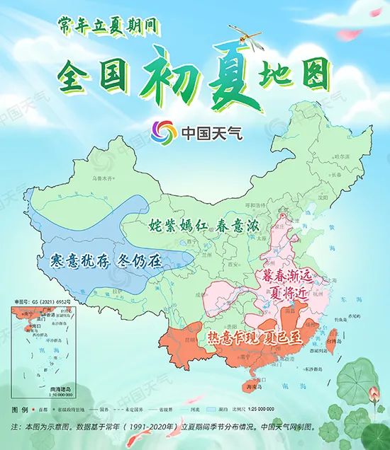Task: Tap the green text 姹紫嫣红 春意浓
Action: [x=203, y=226]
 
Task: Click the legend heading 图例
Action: [x=20, y=410]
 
